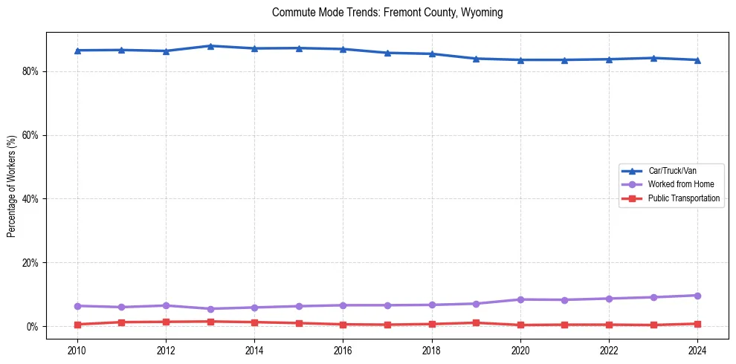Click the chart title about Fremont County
click(387, 13)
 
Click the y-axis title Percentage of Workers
click(11, 186)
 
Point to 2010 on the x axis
click(77, 349)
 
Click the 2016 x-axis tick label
click(343, 349)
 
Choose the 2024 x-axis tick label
click(697, 349)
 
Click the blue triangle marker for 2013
click(210, 46)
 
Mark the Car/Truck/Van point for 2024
click(697, 60)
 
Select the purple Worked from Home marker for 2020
click(520, 299)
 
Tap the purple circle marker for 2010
click(77, 306)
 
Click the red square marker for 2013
click(210, 322)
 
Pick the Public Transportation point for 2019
click(476, 323)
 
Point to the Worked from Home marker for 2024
click(697, 296)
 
